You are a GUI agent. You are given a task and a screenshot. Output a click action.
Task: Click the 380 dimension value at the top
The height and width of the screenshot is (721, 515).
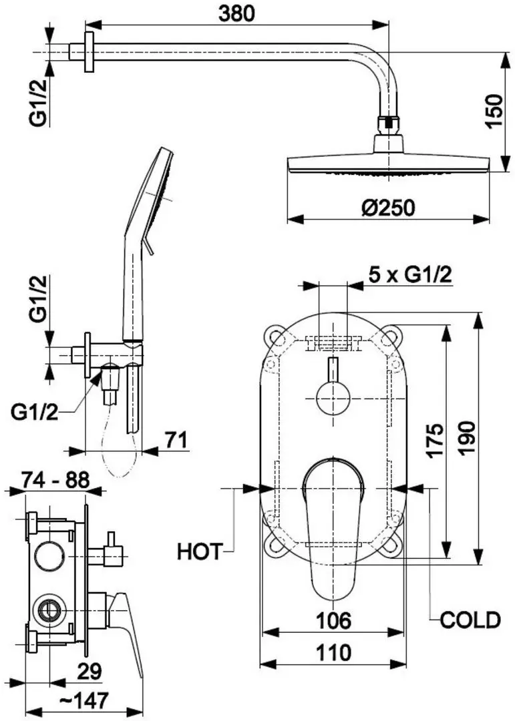[236, 14]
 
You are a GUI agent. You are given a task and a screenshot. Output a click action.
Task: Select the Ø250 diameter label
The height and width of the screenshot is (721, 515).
[388, 207]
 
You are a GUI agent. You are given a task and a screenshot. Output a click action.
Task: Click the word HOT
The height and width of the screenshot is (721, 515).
[199, 551]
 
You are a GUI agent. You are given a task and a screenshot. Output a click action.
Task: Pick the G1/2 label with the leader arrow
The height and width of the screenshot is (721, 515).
[33, 413]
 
